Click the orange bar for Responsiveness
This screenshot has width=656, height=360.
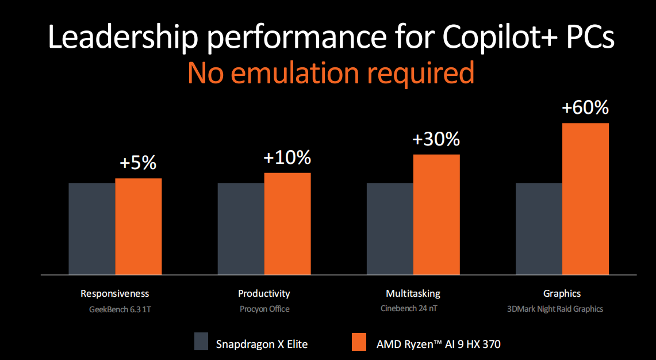[139, 226]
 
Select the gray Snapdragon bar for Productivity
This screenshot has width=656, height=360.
[241, 228]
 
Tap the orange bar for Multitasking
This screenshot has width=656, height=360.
[436, 214]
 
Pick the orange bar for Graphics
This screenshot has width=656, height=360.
[585, 198]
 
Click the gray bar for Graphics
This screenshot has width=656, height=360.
[539, 228]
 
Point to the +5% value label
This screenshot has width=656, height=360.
[138, 163]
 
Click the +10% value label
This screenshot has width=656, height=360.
[287, 157]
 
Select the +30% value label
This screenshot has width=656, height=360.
[436, 139]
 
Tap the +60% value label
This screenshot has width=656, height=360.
[585, 108]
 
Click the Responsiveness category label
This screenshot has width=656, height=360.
[115, 293]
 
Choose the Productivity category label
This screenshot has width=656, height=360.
[264, 293]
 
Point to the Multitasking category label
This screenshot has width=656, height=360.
[413, 293]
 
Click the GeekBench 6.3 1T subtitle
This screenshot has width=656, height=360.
[115, 309]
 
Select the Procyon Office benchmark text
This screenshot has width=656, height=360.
[264, 309]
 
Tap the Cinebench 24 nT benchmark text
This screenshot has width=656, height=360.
[413, 309]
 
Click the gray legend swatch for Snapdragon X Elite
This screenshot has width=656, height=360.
[201, 341]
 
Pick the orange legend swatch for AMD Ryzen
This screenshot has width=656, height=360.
[359, 341]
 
